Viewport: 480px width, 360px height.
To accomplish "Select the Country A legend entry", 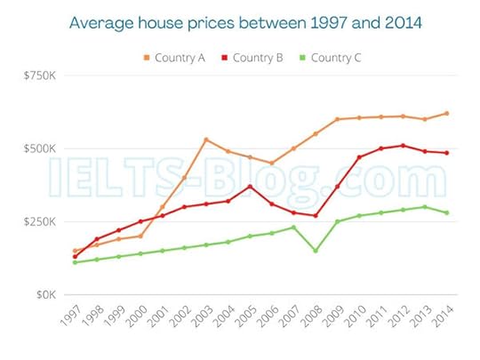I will [175, 58].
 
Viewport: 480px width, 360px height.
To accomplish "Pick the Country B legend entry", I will [252, 58].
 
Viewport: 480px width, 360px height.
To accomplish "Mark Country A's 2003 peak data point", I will [206, 140].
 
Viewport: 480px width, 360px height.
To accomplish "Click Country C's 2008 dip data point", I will [316, 251].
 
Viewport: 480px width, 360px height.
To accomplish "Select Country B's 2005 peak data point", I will [250, 187].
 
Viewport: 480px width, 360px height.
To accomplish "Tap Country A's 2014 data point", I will [446, 113].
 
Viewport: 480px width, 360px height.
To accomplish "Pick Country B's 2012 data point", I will [403, 146].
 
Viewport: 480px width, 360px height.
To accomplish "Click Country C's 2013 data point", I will [424, 207].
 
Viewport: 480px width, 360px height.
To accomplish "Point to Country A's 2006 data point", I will [272, 164].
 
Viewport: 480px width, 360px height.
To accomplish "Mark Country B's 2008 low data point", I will [316, 216].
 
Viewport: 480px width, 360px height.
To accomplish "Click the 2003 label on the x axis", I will [200, 317].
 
